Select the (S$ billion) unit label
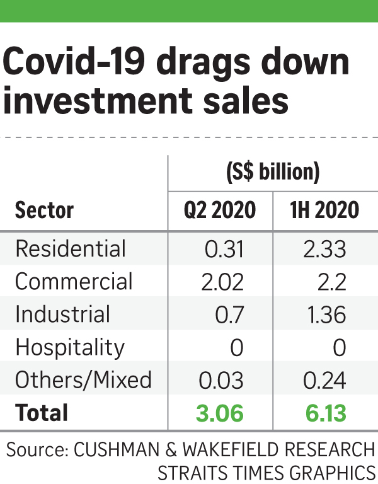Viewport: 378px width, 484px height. tap(272, 172)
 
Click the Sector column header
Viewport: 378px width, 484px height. tap(44, 210)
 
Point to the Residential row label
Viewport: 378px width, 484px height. tap(71, 249)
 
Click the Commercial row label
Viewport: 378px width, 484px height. tap(74, 282)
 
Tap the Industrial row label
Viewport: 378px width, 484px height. tap(62, 314)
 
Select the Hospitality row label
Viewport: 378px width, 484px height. tap(70, 348)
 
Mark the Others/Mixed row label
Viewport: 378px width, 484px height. tap(83, 380)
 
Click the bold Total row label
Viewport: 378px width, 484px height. tap(41, 413)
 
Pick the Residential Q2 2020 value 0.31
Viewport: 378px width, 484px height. tap(224, 249)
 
